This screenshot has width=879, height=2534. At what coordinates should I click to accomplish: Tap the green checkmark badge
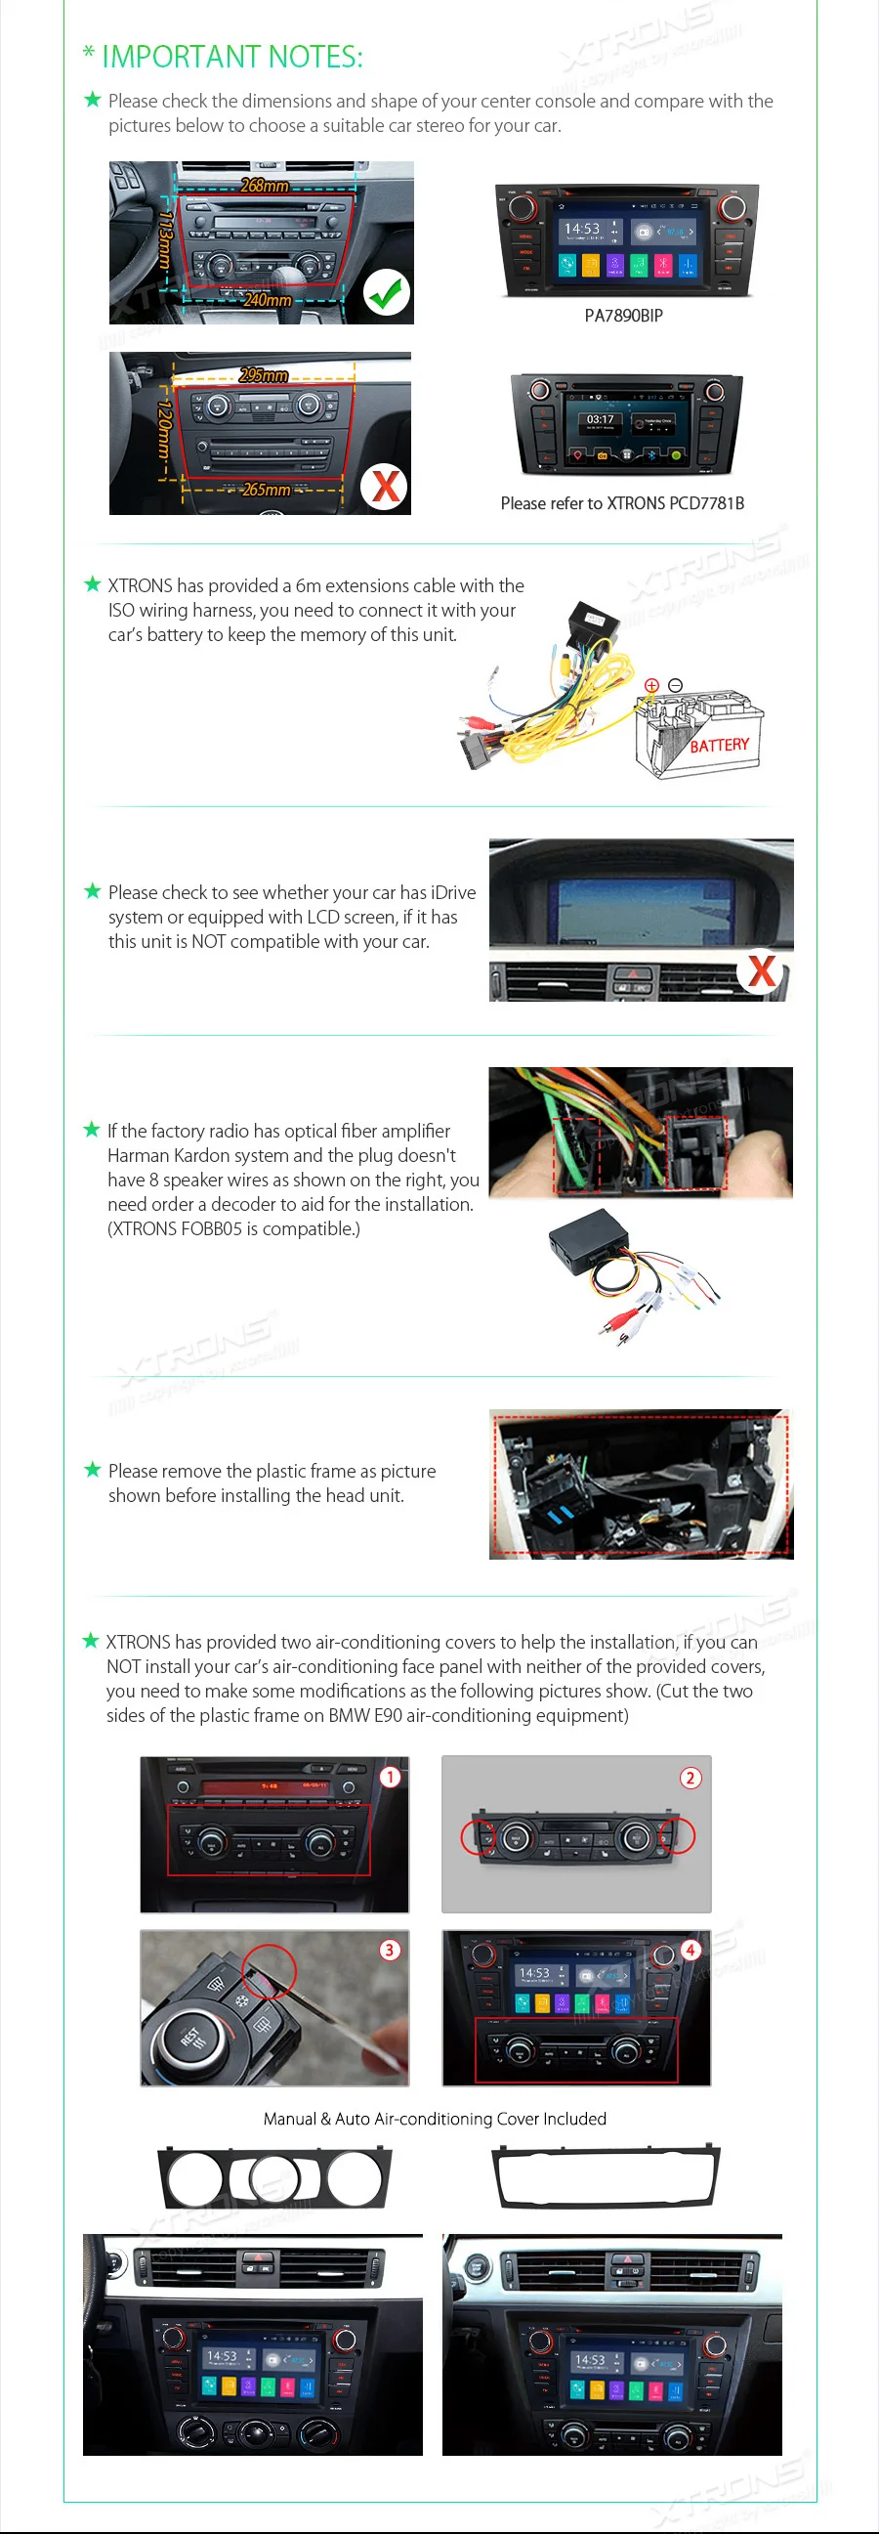click(x=387, y=292)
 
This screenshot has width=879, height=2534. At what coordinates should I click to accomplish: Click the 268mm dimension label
click(x=265, y=186)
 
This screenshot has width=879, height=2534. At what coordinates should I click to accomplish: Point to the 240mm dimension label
click(x=268, y=300)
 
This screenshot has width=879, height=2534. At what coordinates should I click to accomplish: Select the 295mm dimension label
click(x=264, y=376)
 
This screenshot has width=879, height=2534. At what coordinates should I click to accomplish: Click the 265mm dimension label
click(x=266, y=489)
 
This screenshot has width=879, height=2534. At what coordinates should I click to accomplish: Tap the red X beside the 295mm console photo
click(x=386, y=486)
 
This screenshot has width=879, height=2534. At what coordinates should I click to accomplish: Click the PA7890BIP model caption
click(x=623, y=316)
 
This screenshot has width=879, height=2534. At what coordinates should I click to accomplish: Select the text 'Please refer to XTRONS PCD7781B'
click(x=622, y=503)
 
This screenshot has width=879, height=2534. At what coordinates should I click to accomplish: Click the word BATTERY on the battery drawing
click(x=719, y=746)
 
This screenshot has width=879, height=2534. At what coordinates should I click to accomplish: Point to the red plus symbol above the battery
click(x=650, y=685)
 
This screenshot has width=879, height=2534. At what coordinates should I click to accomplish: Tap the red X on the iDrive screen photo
click(x=761, y=971)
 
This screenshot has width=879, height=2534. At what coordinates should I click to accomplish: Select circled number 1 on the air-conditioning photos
click(x=391, y=1778)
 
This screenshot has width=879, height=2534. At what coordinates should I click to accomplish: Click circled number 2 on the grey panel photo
click(x=691, y=1778)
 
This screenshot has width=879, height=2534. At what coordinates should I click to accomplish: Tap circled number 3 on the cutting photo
click(x=390, y=1950)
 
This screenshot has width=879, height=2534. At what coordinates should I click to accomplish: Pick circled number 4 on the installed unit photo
click(x=691, y=1950)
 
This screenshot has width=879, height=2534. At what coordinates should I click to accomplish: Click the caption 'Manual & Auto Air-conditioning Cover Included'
click(x=435, y=2119)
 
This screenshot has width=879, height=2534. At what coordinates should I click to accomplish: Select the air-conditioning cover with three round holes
click(x=275, y=2179)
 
